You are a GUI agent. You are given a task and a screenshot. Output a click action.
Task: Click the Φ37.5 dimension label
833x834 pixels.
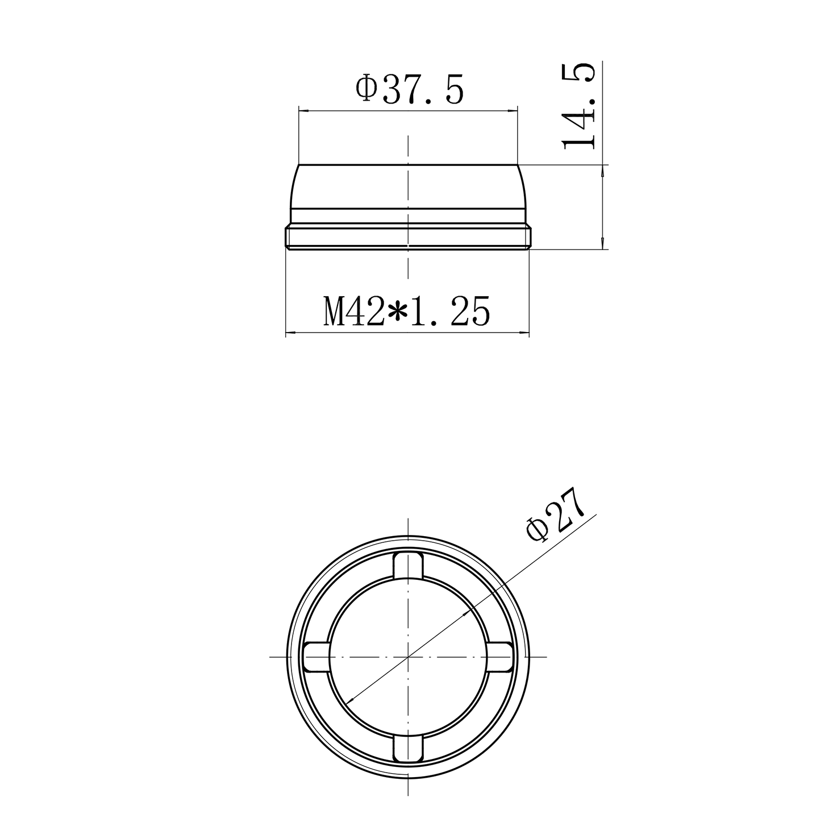click(x=409, y=90)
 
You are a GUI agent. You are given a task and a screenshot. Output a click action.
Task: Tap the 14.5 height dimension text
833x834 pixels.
click(x=578, y=106)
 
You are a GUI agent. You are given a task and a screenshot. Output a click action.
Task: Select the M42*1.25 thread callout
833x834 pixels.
click(x=407, y=311)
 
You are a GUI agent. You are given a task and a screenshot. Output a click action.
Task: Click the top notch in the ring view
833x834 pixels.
click(x=407, y=565)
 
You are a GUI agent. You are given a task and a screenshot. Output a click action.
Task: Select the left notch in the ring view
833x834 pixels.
click(x=316, y=657)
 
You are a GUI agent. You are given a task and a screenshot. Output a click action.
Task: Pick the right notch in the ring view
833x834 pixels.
click(x=500, y=657)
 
